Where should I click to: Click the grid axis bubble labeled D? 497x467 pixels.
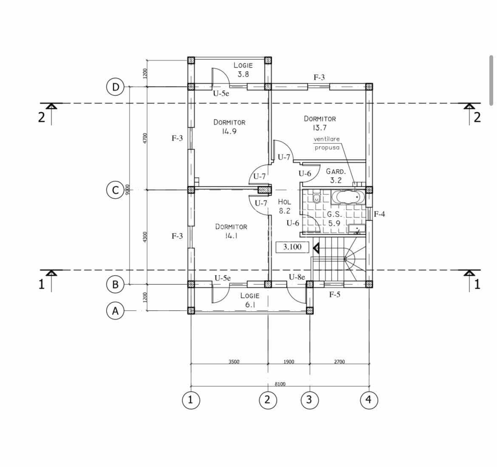tap(115, 87)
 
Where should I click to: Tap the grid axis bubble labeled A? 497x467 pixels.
tap(115, 311)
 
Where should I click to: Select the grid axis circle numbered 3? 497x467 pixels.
tap(309, 400)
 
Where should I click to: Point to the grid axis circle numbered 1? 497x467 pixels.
tap(191, 400)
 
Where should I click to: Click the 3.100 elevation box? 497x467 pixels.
tap(292, 247)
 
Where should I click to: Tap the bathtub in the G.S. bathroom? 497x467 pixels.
tap(348, 197)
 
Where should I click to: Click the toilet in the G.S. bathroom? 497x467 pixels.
tap(316, 198)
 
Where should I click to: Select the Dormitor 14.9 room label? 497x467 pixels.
tap(229, 127)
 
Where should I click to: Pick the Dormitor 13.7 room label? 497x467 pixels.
tap(319, 123)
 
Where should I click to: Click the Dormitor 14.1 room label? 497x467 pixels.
tap(231, 231)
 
